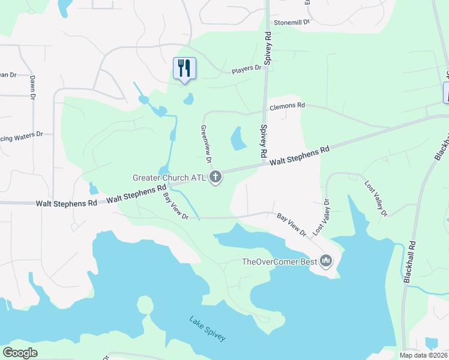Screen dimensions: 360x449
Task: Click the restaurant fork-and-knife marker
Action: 184,68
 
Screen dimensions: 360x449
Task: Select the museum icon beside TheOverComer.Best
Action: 327,261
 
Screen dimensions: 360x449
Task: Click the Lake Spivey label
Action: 208,329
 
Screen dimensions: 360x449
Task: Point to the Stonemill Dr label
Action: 291,22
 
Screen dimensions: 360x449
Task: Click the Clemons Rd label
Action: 288,106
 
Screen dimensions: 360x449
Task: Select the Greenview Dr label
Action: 205,144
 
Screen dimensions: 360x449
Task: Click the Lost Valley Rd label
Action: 376,197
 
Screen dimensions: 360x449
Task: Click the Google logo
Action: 20,353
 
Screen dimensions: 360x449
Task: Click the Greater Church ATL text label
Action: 169,178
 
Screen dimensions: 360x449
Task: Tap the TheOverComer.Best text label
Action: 279,261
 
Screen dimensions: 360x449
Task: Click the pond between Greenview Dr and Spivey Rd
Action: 238,139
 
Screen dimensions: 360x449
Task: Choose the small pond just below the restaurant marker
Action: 188,98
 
